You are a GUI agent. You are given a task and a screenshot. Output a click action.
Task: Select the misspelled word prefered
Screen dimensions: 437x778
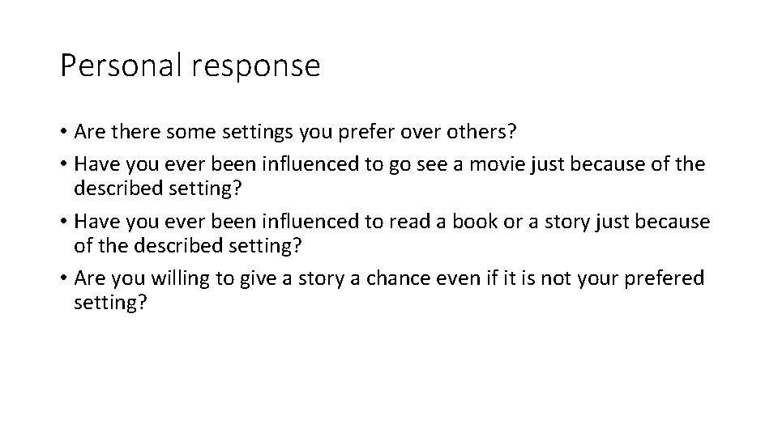coord(664,278)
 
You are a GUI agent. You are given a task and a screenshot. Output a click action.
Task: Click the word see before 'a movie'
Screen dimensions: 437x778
coord(437,164)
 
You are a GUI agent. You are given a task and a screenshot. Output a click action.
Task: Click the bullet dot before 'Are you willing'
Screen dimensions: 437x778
coord(63,278)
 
